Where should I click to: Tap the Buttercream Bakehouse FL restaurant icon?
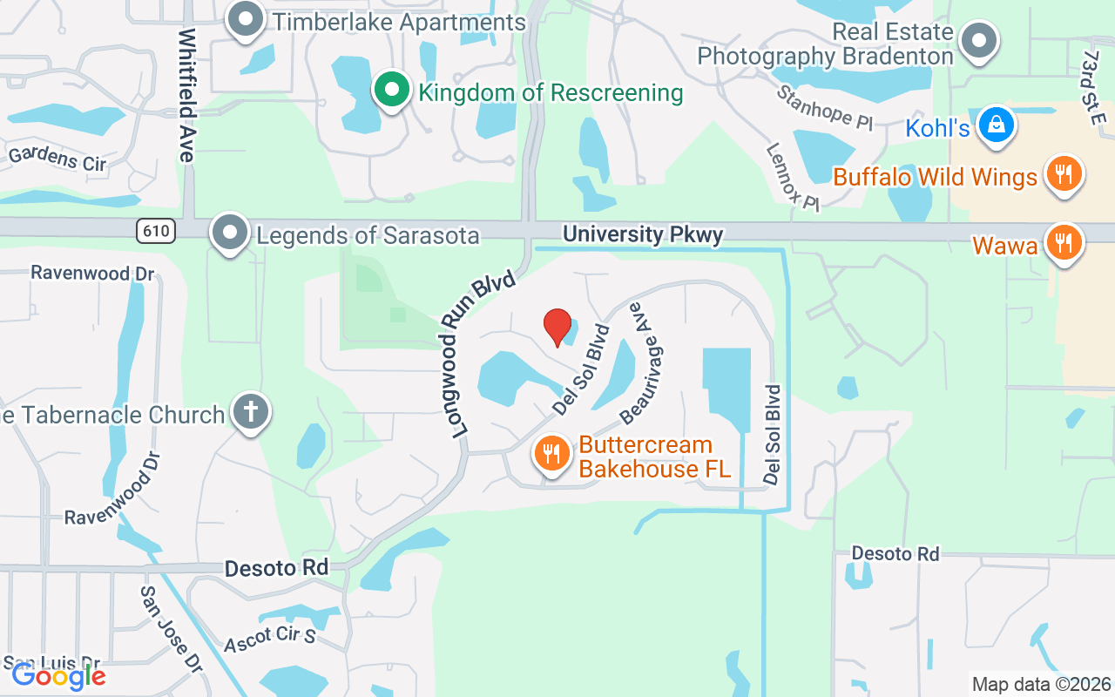(x=551, y=454)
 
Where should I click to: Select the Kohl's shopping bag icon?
(x=994, y=125)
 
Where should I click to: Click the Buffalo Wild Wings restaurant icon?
(x=1063, y=174)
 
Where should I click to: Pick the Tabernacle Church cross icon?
(x=251, y=412)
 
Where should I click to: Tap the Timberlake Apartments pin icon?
(x=246, y=20)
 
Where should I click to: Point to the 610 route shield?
(x=156, y=231)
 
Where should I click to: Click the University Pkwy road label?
(x=643, y=235)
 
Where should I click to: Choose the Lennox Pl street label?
(x=793, y=177)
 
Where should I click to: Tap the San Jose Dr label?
(x=171, y=627)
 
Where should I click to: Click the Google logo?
(x=58, y=675)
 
